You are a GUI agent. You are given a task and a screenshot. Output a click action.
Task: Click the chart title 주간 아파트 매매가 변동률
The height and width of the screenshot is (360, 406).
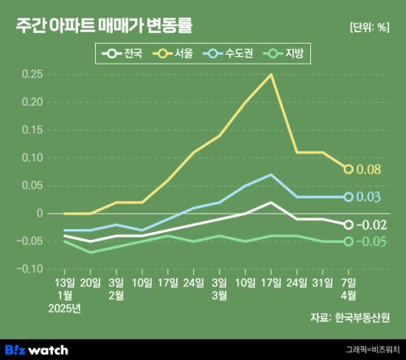pos(103,26)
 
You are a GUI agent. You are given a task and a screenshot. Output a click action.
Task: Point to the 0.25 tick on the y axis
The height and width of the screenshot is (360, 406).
pos(31,74)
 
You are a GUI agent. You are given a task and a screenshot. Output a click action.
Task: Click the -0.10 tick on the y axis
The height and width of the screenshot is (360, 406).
pos(30,269)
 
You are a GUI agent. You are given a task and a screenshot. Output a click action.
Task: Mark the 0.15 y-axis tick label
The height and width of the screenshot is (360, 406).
pos(31,130)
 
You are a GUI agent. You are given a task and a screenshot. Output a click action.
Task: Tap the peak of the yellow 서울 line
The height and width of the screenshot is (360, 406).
pos(271,74)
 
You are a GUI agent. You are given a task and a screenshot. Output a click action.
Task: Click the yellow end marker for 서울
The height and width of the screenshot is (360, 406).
pos(349,169)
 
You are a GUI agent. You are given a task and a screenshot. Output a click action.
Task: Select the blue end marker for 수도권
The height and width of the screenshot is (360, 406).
pos(349,197)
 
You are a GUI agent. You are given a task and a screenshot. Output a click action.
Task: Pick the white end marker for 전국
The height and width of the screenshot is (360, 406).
pos(349,225)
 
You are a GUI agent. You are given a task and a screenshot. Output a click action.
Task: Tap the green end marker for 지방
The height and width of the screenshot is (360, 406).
pos(349,241)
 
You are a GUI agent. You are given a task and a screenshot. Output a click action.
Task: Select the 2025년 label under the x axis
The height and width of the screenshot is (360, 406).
pos(64,308)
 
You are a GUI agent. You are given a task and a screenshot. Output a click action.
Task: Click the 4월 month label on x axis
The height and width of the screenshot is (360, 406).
pos(349,295)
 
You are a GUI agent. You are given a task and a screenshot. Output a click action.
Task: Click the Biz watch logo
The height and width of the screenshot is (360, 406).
pos(42,349)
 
